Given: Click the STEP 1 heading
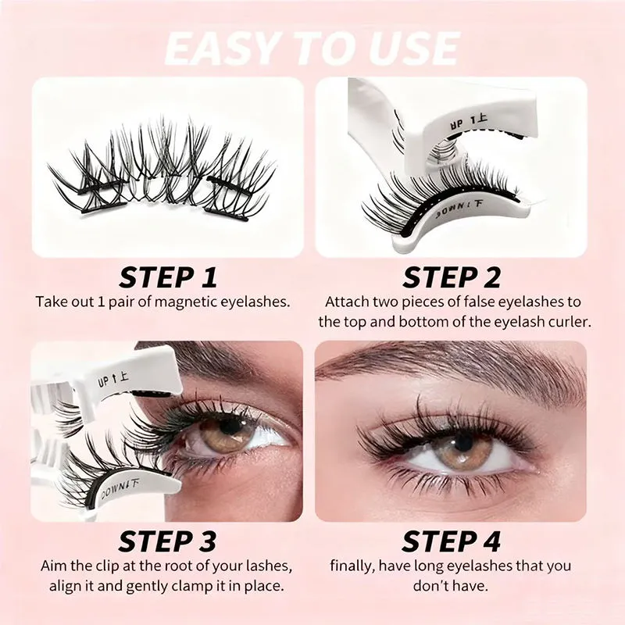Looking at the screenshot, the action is pyautogui.click(x=168, y=277).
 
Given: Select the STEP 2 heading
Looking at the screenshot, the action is pyautogui.click(x=451, y=277).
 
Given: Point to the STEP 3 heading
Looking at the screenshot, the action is pyautogui.click(x=168, y=541).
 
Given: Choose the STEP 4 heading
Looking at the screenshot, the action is pyautogui.click(x=451, y=541).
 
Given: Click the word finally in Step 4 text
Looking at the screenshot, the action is pyautogui.click(x=352, y=566).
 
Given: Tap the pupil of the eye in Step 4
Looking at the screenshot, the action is pyautogui.click(x=463, y=441).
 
